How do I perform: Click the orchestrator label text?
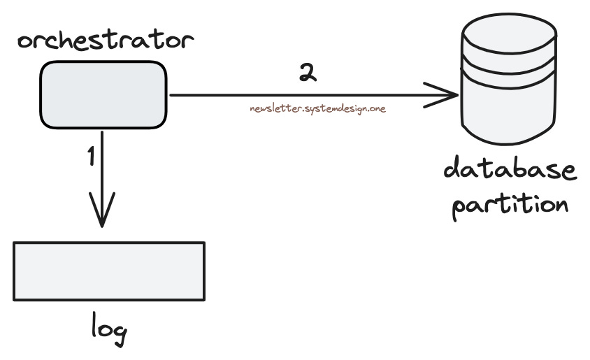pyautogui.click(x=103, y=41)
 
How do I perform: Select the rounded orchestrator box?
pyautogui.click(x=103, y=94)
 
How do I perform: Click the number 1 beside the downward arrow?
pyautogui.click(x=90, y=157)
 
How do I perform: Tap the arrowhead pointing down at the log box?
pyautogui.click(x=102, y=213)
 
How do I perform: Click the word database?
pyautogui.click(x=510, y=171)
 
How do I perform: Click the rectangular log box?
pyautogui.click(x=109, y=271)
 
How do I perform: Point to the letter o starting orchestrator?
pyautogui.click(x=26, y=43)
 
